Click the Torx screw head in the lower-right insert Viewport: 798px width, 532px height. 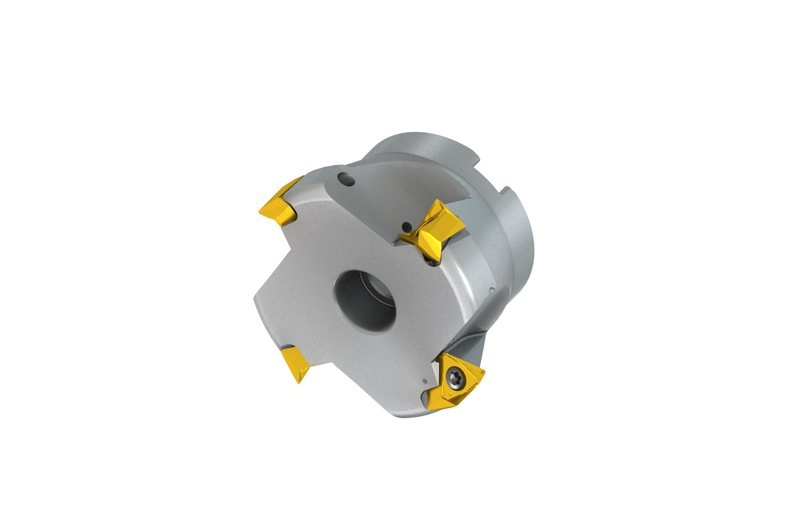tap(454, 377)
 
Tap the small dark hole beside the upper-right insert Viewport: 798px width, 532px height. tap(407, 227)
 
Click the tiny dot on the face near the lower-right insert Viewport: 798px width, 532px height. tap(424, 381)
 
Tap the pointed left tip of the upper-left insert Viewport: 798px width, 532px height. tap(260, 212)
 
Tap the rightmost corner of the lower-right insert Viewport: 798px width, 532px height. tap(484, 372)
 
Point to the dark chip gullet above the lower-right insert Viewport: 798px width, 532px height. tap(465, 346)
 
